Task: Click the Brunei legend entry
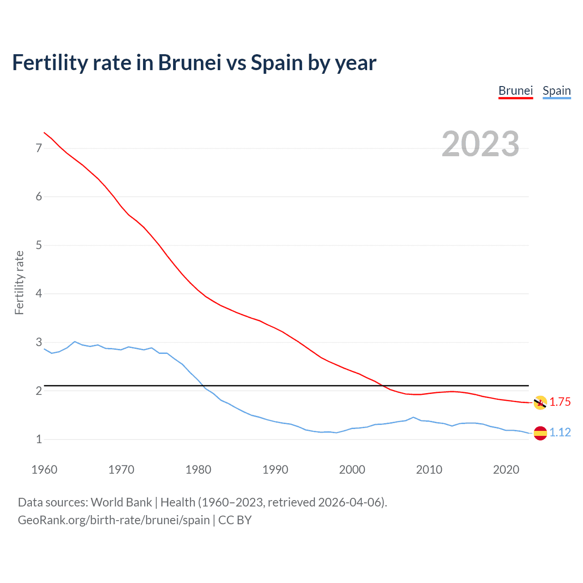(x=516, y=91)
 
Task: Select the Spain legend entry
(x=557, y=91)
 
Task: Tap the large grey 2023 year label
(x=481, y=144)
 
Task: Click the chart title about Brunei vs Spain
(x=194, y=63)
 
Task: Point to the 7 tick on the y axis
(x=39, y=148)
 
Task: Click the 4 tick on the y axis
(x=39, y=293)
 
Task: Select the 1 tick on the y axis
(x=39, y=439)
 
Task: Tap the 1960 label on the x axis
(x=44, y=470)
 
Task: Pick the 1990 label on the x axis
(x=275, y=470)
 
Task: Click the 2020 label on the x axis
(x=506, y=470)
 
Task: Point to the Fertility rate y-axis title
(x=19, y=282)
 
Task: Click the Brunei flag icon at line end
(x=540, y=403)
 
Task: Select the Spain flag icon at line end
(x=540, y=433)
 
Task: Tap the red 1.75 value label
(x=560, y=402)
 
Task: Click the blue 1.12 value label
(x=560, y=432)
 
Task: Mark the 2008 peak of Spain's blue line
(x=413, y=417)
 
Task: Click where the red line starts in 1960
(x=44, y=133)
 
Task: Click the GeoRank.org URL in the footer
(x=114, y=520)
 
